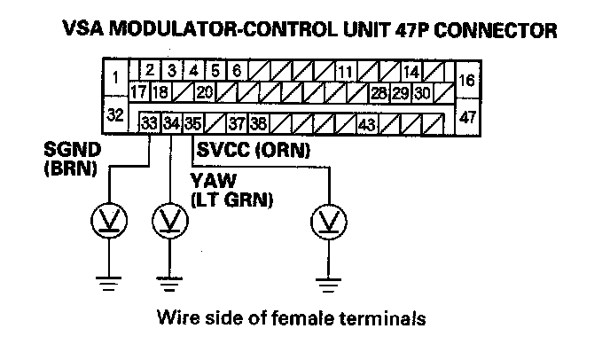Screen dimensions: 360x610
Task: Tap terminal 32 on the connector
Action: click(115, 114)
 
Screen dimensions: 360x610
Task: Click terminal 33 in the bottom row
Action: click(150, 123)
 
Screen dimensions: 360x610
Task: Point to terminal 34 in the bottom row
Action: click(171, 123)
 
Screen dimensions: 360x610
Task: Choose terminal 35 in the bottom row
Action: click(192, 123)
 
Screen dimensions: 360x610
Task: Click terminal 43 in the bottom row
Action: click(367, 123)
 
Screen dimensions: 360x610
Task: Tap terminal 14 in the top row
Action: click(411, 70)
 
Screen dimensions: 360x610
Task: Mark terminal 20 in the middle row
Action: click(204, 91)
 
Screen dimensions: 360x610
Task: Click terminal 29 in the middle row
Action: click(401, 91)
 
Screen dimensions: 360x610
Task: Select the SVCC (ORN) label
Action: click(255, 152)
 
